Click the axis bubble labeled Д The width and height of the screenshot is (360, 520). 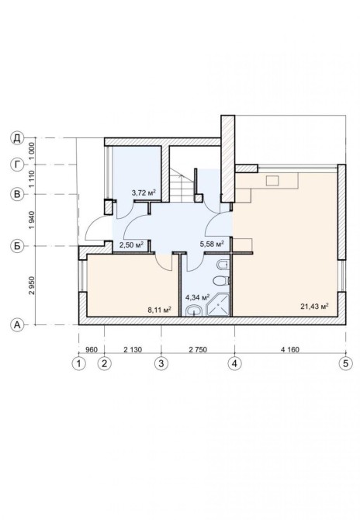point(17,137)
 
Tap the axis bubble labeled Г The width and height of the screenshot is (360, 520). point(17,165)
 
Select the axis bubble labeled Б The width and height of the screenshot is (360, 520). point(17,246)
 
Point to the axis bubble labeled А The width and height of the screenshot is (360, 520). point(17,325)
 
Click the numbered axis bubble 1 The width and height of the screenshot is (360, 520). point(79,363)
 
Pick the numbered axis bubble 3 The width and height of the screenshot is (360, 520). point(161,363)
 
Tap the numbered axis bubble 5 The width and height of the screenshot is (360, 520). point(346,363)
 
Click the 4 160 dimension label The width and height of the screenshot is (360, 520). point(290,349)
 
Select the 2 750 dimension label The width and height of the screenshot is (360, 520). point(198,349)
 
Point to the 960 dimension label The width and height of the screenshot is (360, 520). point(92,349)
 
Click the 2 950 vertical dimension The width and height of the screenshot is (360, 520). point(32,286)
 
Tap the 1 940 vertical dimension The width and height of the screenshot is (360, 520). point(32,220)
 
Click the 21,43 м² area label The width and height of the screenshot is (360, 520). point(314,307)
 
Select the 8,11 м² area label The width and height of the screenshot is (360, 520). point(160,310)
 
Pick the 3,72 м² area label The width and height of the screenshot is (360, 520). point(144,192)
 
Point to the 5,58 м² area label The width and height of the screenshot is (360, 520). point(212,244)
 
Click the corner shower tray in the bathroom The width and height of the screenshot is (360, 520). point(218,304)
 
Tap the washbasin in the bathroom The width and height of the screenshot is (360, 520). point(194,310)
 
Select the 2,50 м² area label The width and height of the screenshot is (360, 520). point(131,244)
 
